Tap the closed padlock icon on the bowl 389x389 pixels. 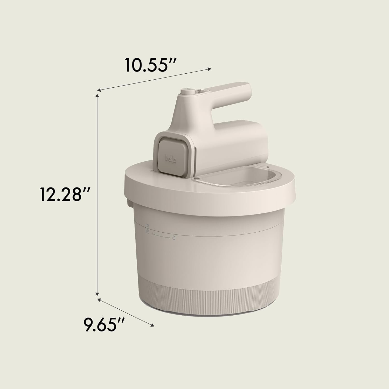[148, 231]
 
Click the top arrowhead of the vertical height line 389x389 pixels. [98, 96]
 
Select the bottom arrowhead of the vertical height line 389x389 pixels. [98, 294]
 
